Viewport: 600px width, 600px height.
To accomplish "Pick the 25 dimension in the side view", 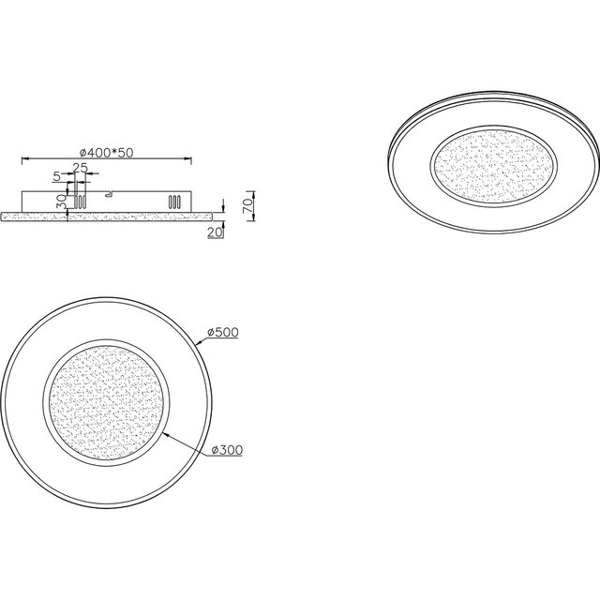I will point(82,168).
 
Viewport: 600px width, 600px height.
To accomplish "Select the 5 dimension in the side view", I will point(57,175).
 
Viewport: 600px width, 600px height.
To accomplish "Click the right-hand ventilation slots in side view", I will point(172,202).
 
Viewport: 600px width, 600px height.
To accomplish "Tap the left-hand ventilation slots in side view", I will point(81,202).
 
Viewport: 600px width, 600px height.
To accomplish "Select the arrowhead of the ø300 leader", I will point(165,434).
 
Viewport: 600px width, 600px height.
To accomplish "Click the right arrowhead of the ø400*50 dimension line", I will point(191,157).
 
